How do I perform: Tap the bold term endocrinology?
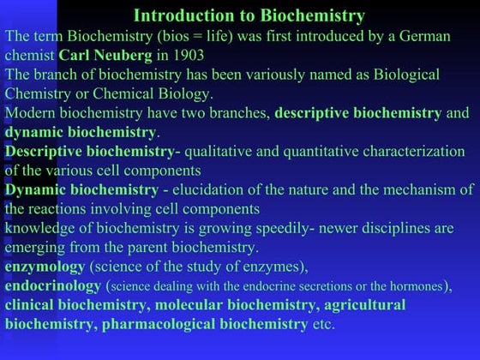tap(52, 285)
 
